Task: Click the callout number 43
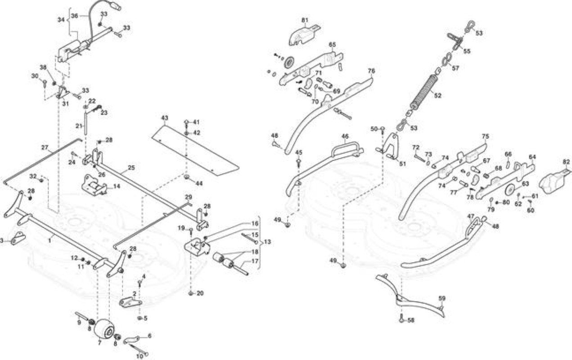pyautogui.click(x=165, y=118)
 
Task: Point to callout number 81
pyautogui.click(x=305, y=20)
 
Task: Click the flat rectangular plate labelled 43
pyautogui.click(x=195, y=149)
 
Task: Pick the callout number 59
pyautogui.click(x=442, y=298)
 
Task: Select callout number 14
pyautogui.click(x=117, y=186)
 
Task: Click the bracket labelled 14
pyautogui.click(x=94, y=185)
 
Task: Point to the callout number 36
pyautogui.click(x=74, y=16)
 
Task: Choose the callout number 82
pyautogui.click(x=566, y=162)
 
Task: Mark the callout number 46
pyautogui.click(x=345, y=136)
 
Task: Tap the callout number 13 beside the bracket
pyautogui.click(x=267, y=242)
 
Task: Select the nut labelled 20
pyautogui.click(x=191, y=293)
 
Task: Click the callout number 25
pyautogui.click(x=131, y=168)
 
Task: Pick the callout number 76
pyautogui.click(x=371, y=71)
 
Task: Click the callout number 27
pyautogui.click(x=45, y=148)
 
